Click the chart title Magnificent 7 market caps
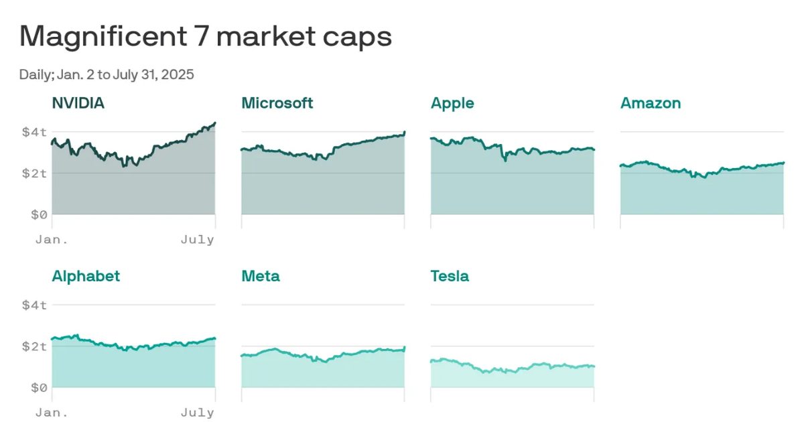click(x=205, y=36)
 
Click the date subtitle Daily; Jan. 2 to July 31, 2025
click(x=107, y=74)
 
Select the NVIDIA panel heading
click(x=78, y=103)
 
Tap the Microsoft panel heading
click(x=277, y=103)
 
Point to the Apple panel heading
click(x=452, y=103)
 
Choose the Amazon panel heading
click(x=651, y=103)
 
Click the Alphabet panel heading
click(x=86, y=276)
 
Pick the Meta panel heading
click(x=261, y=276)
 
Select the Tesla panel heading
click(x=450, y=276)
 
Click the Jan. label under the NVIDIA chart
click(x=52, y=239)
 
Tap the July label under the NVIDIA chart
click(x=198, y=239)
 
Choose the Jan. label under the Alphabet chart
click(x=52, y=412)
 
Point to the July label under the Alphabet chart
click(x=198, y=412)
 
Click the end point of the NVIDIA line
click(x=214, y=123)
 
